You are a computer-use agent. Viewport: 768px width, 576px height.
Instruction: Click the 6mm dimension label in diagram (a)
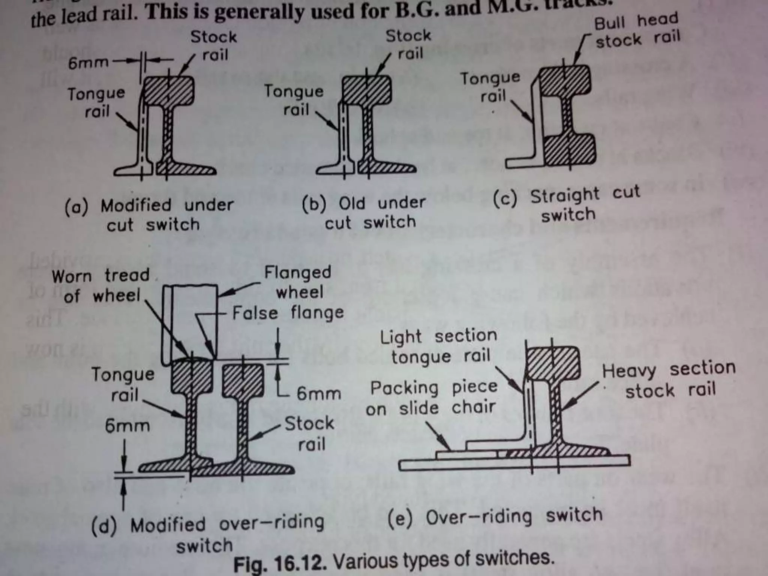[x=88, y=63]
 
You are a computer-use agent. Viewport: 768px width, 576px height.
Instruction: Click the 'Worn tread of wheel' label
[x=101, y=285]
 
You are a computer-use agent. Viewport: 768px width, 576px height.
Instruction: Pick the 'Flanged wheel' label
[x=298, y=282]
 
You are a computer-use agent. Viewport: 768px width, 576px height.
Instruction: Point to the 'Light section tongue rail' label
[x=439, y=346]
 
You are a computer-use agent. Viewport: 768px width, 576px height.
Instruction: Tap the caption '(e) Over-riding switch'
[x=494, y=517]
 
